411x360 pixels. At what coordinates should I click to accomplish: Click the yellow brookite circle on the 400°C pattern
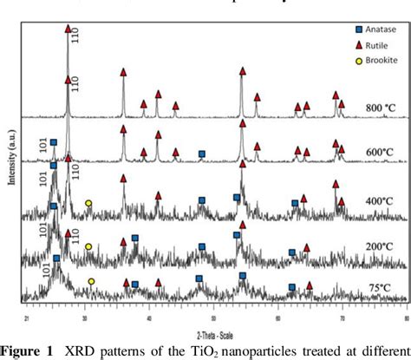point(88,203)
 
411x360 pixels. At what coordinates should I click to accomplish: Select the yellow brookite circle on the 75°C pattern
point(91,281)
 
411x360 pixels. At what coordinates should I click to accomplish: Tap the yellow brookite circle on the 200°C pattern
point(88,246)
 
